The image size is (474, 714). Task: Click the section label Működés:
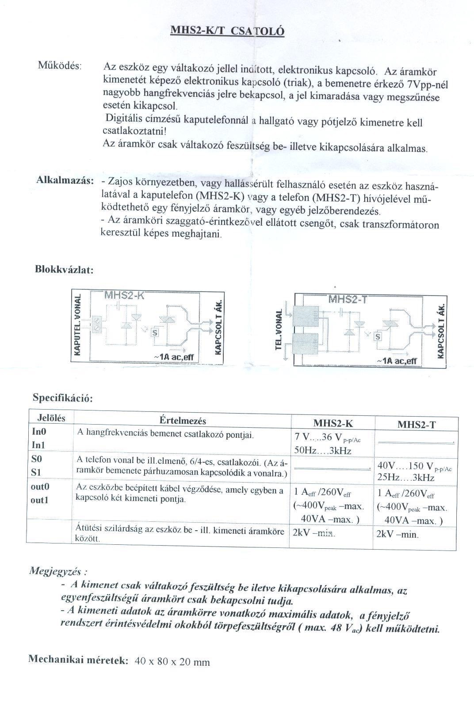pos(60,66)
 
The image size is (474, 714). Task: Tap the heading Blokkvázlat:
pos(64,270)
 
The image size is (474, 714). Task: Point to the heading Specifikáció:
pos(63,398)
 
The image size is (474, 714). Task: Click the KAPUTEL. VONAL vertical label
pos(78,325)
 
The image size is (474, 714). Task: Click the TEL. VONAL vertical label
pos(279,330)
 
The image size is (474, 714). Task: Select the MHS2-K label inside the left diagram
pos(124,296)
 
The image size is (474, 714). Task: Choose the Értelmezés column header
pos(183,421)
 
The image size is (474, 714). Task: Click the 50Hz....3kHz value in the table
pos(323,451)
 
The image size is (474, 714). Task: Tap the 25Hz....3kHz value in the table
pos(406,478)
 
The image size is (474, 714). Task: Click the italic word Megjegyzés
pos(57,570)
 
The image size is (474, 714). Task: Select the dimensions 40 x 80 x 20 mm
pos(172,662)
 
